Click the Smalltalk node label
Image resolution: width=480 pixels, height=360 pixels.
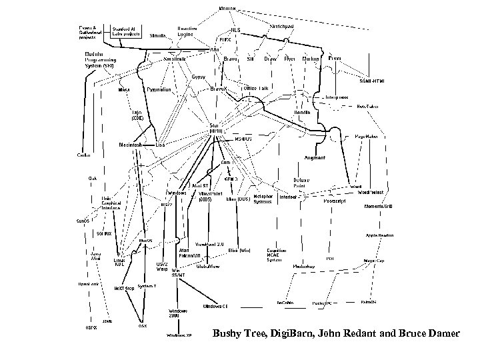(175, 59)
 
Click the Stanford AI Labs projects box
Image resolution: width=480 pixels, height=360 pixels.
(125, 33)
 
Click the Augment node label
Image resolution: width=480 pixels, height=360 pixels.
(315, 158)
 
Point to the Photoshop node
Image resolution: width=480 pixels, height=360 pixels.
(305, 265)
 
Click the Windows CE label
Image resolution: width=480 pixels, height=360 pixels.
(217, 305)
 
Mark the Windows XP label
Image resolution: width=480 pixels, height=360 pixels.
(179, 335)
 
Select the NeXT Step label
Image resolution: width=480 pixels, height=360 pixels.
(124, 288)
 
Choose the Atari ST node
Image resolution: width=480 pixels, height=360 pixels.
(201, 186)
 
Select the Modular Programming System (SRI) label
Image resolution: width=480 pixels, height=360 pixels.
(98, 61)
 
